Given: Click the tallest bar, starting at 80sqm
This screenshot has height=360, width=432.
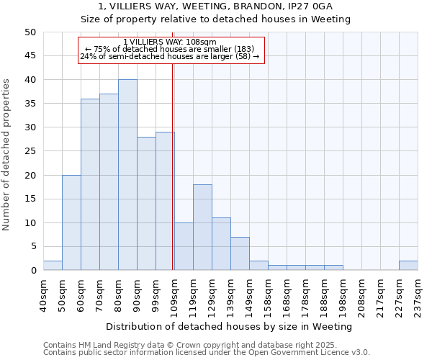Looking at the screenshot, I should point(127,175).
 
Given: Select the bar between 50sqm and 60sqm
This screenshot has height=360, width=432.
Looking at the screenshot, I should point(71,222).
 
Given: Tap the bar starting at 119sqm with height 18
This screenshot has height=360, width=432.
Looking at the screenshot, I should point(202,228).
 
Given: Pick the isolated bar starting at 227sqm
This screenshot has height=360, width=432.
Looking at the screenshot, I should point(408,266).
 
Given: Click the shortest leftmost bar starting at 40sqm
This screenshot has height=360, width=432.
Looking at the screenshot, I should point(53,266).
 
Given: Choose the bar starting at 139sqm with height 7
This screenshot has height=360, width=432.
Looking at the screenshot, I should point(240,253).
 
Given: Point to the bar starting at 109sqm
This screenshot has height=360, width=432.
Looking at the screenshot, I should point(184,247).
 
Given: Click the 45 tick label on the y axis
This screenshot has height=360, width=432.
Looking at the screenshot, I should point(30,56).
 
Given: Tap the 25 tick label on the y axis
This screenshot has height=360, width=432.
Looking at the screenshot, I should point(30,151).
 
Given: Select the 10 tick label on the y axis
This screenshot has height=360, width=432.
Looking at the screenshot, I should point(30,223).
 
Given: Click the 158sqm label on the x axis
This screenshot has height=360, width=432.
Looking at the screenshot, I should point(268,297).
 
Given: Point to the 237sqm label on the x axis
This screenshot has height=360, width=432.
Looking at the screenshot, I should point(418,297).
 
